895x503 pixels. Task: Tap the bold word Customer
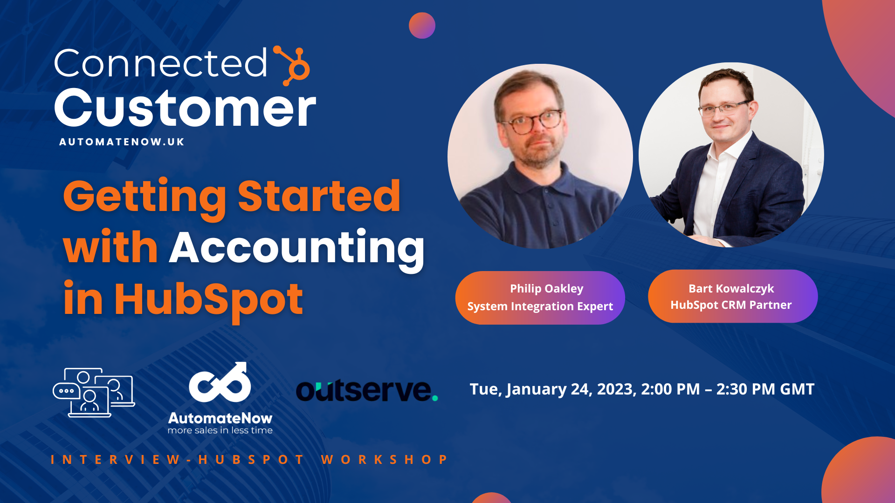coord(185,109)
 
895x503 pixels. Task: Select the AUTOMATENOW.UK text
coord(122,142)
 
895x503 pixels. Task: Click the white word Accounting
coord(296,248)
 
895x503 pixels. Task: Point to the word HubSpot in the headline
coord(208,299)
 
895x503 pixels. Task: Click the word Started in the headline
coord(319,197)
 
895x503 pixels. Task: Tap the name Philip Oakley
coord(546,289)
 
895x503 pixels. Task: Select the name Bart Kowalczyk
coord(731,289)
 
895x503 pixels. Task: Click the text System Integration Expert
coord(540,306)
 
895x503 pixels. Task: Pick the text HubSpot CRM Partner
coord(731,305)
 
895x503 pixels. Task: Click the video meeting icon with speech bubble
coord(94,392)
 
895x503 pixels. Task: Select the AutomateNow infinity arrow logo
coord(220,383)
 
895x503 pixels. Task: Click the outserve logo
coord(367,390)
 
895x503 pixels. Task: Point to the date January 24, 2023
coord(571,389)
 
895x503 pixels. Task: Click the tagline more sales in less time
coord(220,431)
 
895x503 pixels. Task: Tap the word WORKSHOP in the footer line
coord(385,460)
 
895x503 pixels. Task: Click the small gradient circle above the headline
coord(422,26)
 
